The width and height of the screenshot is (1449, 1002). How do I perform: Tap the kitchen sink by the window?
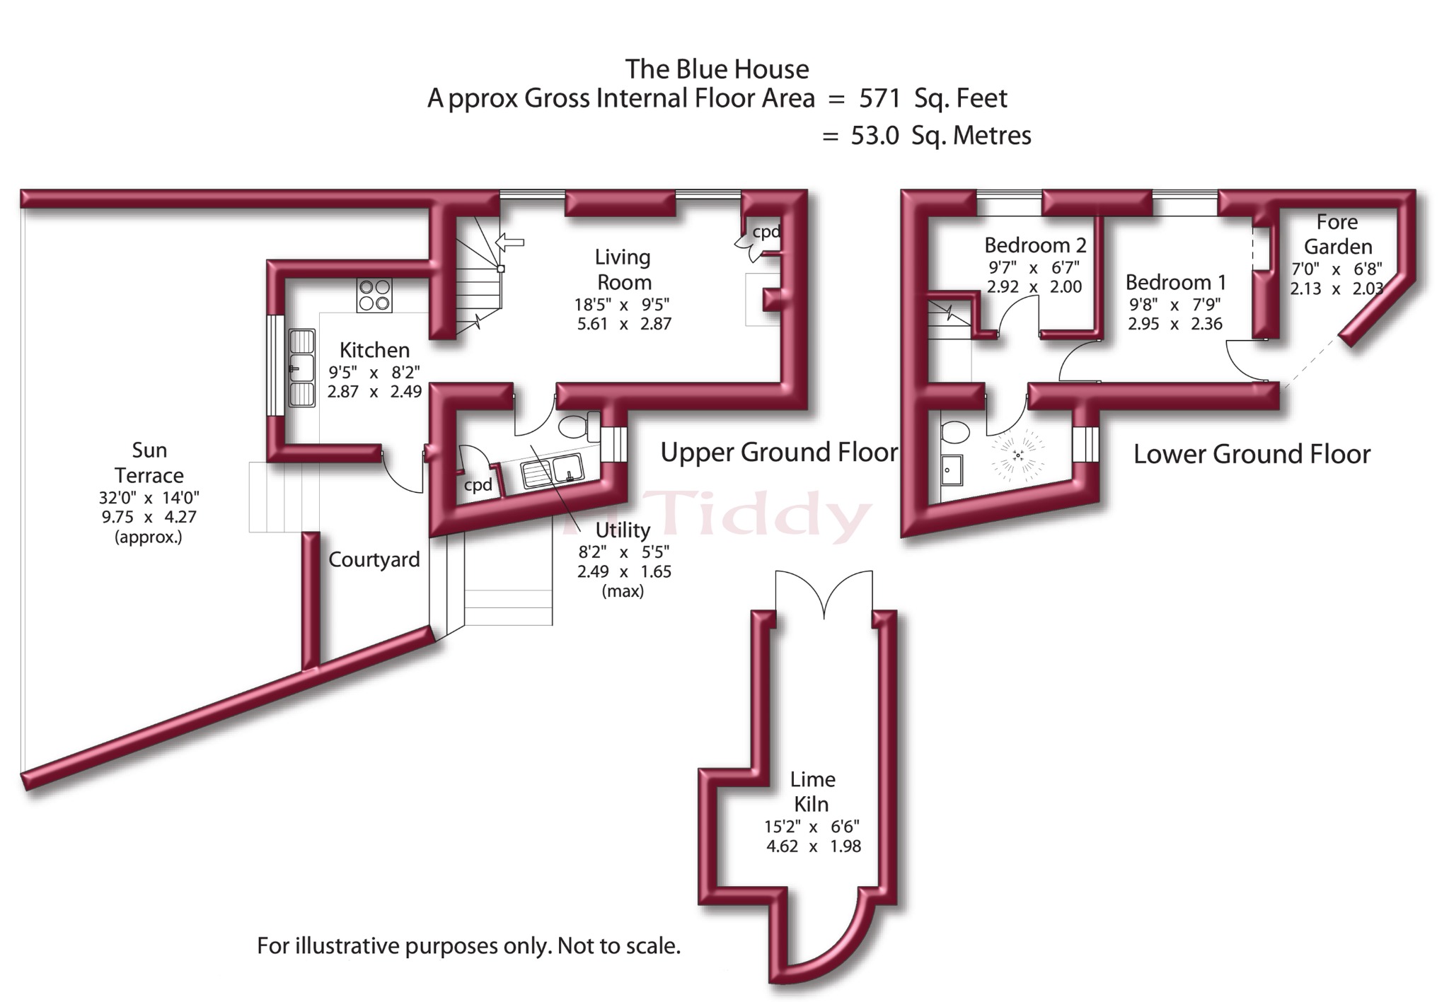(302, 368)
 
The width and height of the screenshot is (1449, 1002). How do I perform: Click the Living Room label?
(623, 269)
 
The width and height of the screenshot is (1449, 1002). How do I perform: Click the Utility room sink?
(552, 471)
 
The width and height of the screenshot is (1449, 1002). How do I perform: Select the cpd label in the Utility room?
(478, 485)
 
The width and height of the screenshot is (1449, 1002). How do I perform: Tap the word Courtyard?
(374, 559)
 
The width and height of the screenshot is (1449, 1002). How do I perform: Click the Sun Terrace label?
(149, 462)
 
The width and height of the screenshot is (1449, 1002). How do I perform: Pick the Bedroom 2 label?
(1035, 245)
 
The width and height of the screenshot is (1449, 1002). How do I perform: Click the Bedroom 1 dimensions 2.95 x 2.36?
(1175, 324)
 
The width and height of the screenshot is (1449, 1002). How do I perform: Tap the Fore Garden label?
(1337, 234)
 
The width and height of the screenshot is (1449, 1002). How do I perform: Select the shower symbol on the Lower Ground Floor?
(1018, 455)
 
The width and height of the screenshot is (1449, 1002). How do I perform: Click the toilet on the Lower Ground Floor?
(955, 431)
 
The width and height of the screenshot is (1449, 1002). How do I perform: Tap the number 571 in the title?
(879, 98)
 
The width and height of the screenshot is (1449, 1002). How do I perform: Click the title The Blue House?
(717, 69)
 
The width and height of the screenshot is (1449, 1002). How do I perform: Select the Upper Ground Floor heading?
(779, 452)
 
